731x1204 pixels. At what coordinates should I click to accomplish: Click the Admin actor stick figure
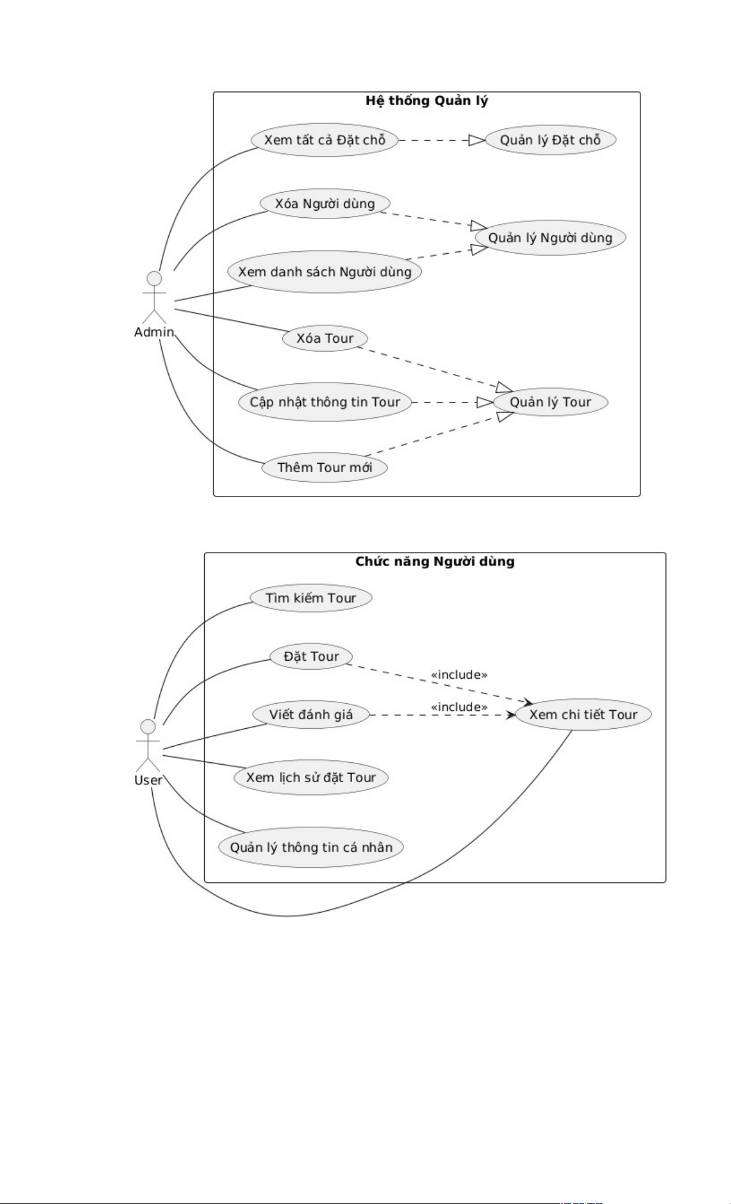coord(154,297)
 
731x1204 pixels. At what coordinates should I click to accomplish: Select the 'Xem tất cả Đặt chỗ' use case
coord(325,140)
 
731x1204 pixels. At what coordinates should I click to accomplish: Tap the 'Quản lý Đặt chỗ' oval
coord(550,140)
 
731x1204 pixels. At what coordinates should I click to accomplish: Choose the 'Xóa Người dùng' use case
coord(325,204)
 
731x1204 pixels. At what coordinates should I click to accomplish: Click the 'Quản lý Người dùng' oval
coord(550,238)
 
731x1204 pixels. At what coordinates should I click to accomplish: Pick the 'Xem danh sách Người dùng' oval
coord(325,272)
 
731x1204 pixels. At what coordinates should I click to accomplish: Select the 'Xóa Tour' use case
coord(325,338)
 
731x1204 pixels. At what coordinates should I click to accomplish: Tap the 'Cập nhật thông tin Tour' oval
coord(325,402)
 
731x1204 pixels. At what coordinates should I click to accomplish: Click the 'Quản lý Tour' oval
coord(550,402)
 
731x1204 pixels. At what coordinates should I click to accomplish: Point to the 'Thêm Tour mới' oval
coord(325,467)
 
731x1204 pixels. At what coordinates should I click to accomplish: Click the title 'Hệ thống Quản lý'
coord(427,101)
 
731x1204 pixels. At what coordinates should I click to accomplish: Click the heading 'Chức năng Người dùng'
coord(435,562)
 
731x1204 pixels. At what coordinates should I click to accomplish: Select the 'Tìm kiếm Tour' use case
coord(311,598)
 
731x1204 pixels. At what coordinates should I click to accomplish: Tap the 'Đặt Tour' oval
coord(311,657)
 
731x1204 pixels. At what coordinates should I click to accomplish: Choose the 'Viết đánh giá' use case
coord(311,715)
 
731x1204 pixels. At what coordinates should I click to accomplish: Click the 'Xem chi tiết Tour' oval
coord(583,715)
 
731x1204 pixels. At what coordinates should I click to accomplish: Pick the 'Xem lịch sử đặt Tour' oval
coord(311,777)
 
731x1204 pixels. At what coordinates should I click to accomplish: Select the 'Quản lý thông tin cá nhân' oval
coord(311,847)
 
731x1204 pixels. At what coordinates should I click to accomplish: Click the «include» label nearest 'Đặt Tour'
coord(459,675)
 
